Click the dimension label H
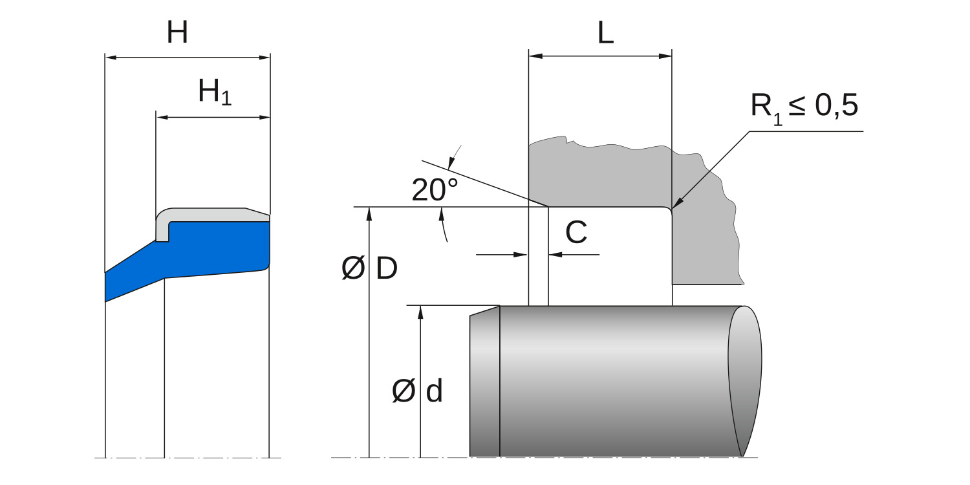pos(177,32)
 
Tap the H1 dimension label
pos(214,92)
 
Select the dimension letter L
pos(605,34)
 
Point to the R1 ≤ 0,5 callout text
pos(804,106)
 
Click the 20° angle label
pos(435,190)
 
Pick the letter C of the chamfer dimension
pos(576,233)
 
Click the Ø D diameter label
pos(369,269)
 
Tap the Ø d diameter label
pos(418,391)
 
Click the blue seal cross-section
pos(213,249)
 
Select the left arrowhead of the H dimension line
pos(110,58)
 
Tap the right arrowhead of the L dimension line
pos(667,56)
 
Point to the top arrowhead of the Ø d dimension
pos(420,310)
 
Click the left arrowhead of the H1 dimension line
pos(162,118)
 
